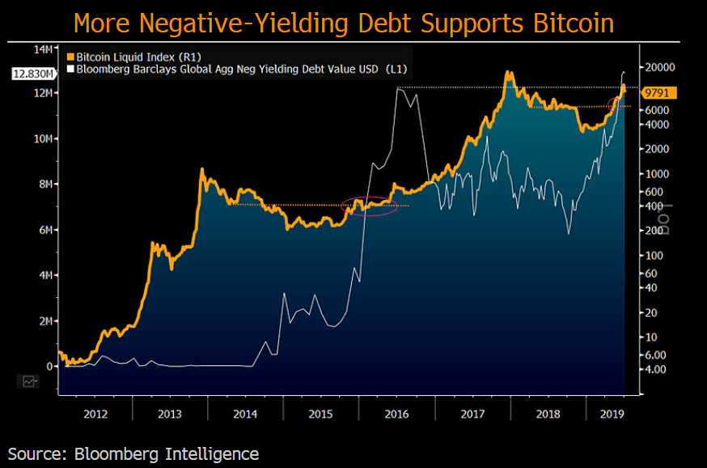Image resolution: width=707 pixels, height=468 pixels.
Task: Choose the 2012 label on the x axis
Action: [95, 413]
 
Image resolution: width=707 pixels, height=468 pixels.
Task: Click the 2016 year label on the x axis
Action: [396, 413]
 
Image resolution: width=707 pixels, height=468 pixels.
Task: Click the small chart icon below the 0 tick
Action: [30, 381]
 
